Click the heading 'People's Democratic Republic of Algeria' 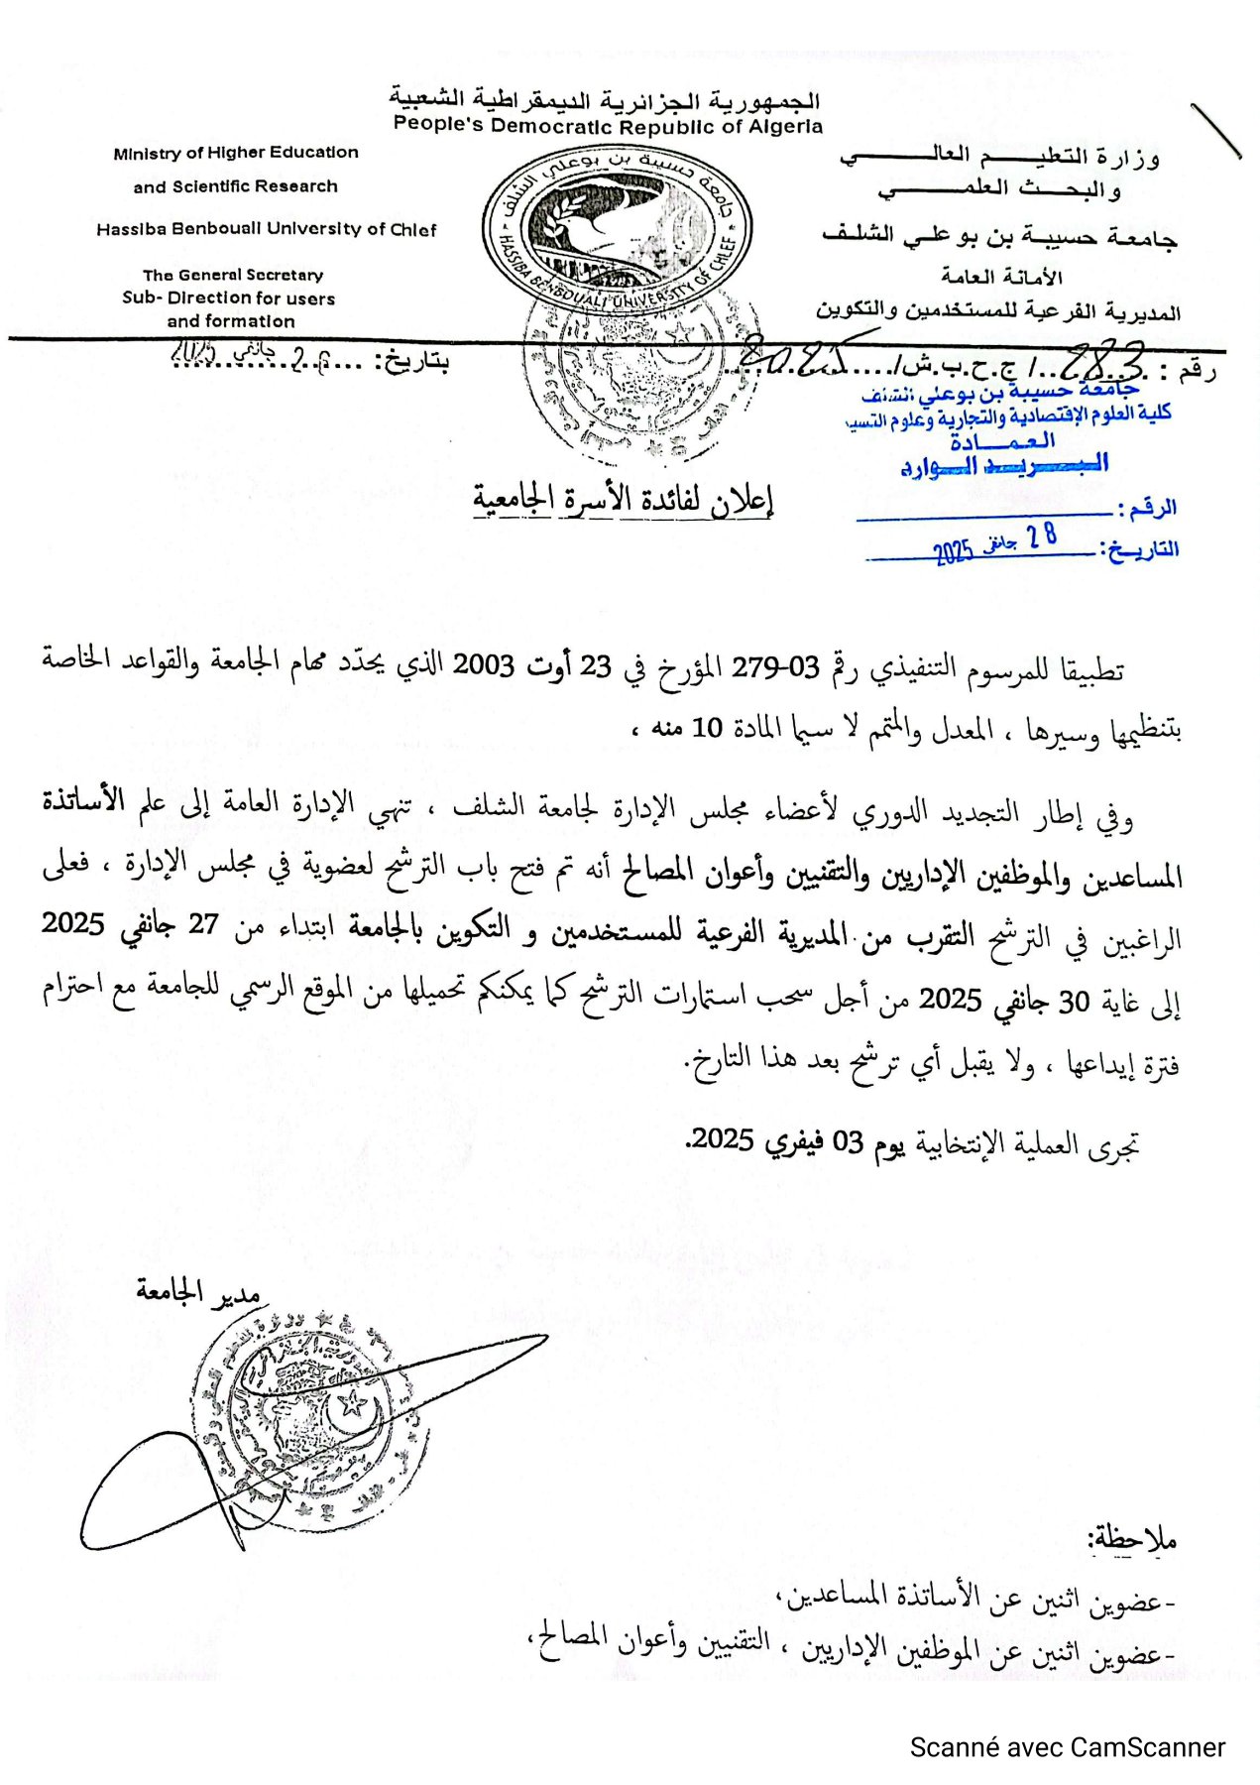point(608,126)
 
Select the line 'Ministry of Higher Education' point(236,153)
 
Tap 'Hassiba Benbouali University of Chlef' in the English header point(266,229)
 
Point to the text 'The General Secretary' point(233,275)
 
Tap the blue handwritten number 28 point(1042,536)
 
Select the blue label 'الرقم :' point(1148,509)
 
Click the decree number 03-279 point(775,667)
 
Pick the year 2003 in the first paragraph point(483,665)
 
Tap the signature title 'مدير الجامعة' point(198,1289)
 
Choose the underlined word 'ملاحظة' point(1132,1540)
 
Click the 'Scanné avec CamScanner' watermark point(1068,1747)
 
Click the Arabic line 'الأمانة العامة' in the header point(1001,277)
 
